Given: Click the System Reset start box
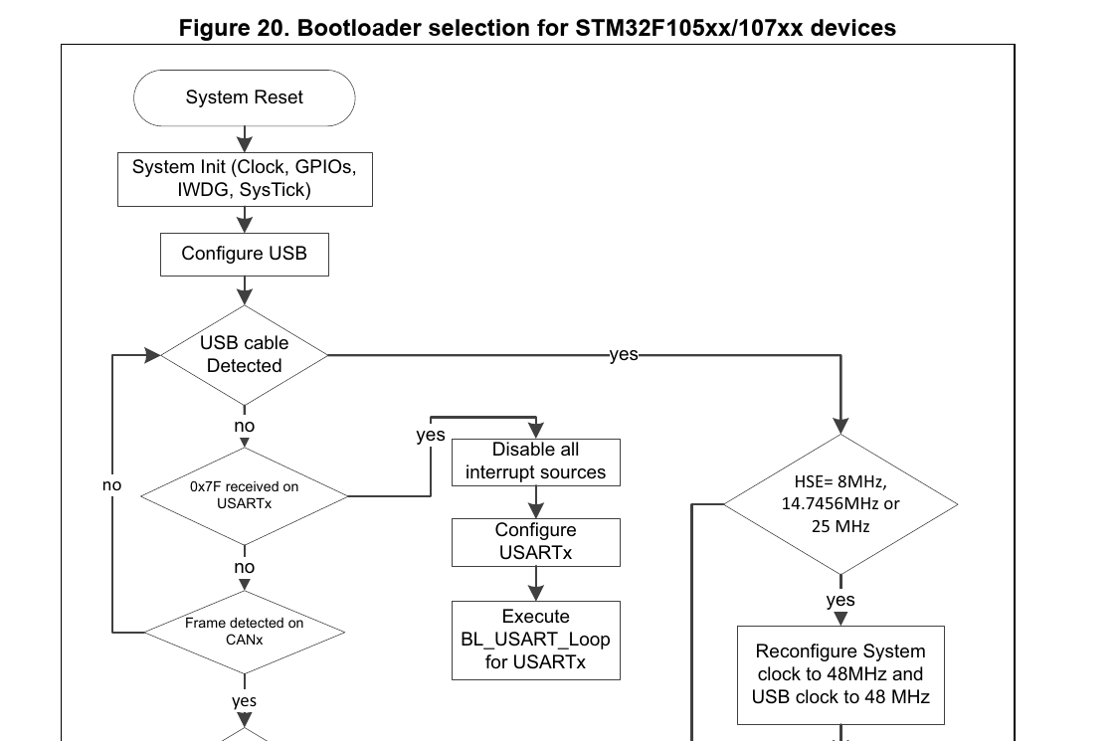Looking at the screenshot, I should (245, 97).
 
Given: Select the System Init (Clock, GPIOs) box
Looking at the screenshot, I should (245, 178).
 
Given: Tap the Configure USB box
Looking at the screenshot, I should (245, 254).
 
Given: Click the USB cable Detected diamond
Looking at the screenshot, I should (245, 354).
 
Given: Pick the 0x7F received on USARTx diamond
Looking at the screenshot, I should (245, 494).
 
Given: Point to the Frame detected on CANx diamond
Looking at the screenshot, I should (245, 631).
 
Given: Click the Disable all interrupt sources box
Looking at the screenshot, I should (535, 462).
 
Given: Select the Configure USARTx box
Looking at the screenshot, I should (535, 541).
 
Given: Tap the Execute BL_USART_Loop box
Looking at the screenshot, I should (535, 639).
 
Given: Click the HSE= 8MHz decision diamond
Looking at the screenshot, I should (840, 503).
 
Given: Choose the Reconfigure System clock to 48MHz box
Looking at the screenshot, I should (840, 674).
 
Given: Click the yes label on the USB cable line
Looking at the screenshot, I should (624, 354).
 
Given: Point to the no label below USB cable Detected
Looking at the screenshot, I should (245, 426).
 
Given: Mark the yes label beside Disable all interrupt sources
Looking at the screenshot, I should (431, 436).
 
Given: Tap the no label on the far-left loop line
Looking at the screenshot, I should (112, 485).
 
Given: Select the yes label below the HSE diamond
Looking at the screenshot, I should (840, 600).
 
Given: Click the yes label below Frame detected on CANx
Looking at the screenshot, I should (245, 701).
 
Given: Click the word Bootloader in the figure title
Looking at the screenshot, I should (353, 28).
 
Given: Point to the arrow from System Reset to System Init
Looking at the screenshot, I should (245, 135).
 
